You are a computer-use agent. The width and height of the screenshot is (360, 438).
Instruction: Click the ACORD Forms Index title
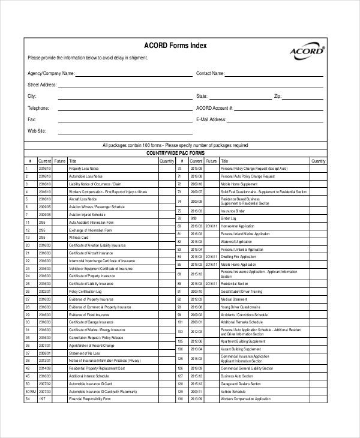coord(175,46)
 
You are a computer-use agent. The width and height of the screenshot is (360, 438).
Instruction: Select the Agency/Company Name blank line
coord(133,75)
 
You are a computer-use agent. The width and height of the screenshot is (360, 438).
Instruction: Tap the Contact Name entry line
coord(274,75)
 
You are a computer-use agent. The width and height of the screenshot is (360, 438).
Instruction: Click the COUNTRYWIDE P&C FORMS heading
coord(175,153)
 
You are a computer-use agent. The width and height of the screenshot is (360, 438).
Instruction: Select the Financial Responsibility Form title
coord(87,398)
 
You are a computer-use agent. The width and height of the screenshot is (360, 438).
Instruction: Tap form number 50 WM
coord(30,391)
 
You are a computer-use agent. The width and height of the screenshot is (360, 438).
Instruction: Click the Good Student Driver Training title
coord(241,291)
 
